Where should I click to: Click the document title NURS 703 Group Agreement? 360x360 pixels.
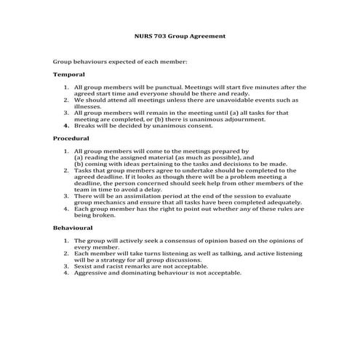coord(180,35)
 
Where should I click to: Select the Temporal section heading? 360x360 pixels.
coord(69,75)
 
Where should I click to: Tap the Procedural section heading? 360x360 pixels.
coord(71,138)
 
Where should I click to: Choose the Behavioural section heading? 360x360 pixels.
coord(73,228)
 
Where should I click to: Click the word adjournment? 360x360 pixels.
coord(245,119)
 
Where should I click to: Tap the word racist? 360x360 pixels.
coord(118,266)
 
